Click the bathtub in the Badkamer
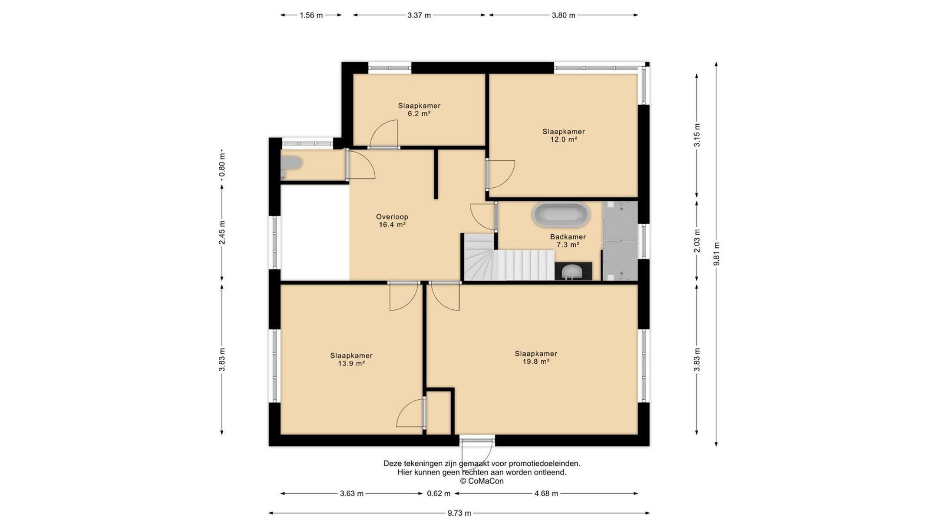click(561, 215)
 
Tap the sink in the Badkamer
click(573, 272)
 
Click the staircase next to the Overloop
click(509, 257)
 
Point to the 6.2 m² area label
click(419, 114)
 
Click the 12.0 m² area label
click(563, 139)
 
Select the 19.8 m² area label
click(536, 362)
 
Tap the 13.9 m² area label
click(351, 364)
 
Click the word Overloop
click(392, 216)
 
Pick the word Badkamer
click(568, 237)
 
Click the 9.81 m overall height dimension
click(716, 254)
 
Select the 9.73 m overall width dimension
click(459, 513)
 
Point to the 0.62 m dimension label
click(439, 494)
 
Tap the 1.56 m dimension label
click(311, 15)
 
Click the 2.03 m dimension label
click(697, 241)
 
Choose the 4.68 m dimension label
click(546, 494)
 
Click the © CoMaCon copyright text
click(482, 481)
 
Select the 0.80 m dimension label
click(222, 166)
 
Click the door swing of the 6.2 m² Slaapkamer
click(384, 134)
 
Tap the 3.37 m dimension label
click(419, 15)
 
